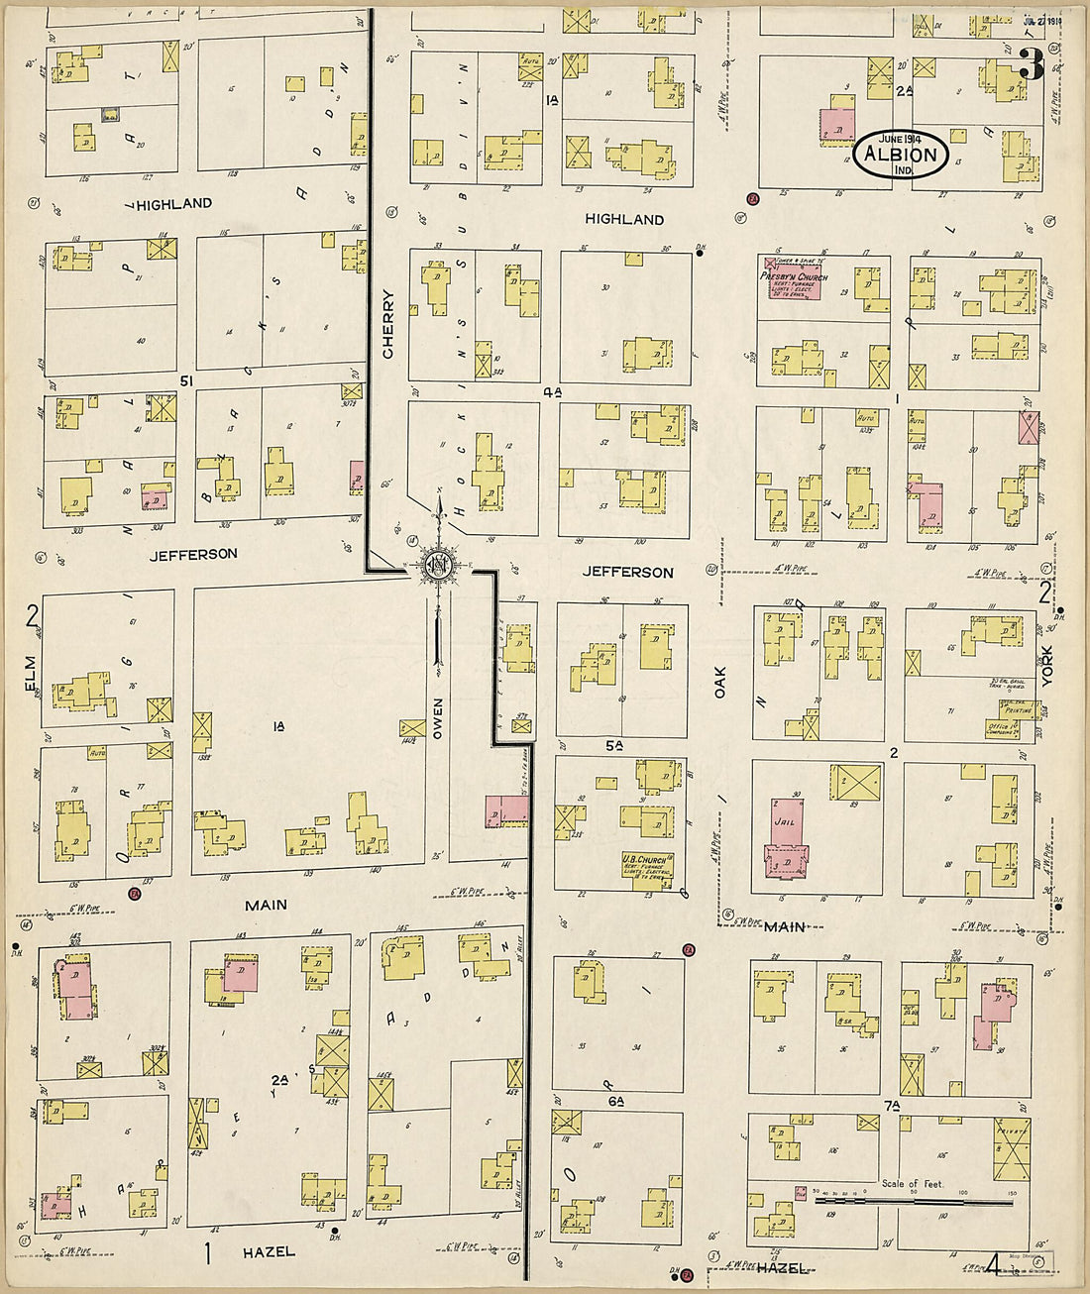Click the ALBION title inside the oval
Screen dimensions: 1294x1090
901,154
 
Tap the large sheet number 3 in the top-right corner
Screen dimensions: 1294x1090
1031,65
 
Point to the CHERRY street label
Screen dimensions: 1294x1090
387,324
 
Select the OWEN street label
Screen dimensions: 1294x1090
437,718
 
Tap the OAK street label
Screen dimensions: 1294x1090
720,682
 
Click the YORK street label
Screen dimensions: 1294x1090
1046,667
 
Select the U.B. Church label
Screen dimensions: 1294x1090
644,859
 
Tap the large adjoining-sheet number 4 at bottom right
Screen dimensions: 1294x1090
993,1263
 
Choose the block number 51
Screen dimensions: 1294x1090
186,379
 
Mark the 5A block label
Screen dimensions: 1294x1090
614,745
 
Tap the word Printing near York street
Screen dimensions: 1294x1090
1015,709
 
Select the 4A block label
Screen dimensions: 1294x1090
552,392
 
